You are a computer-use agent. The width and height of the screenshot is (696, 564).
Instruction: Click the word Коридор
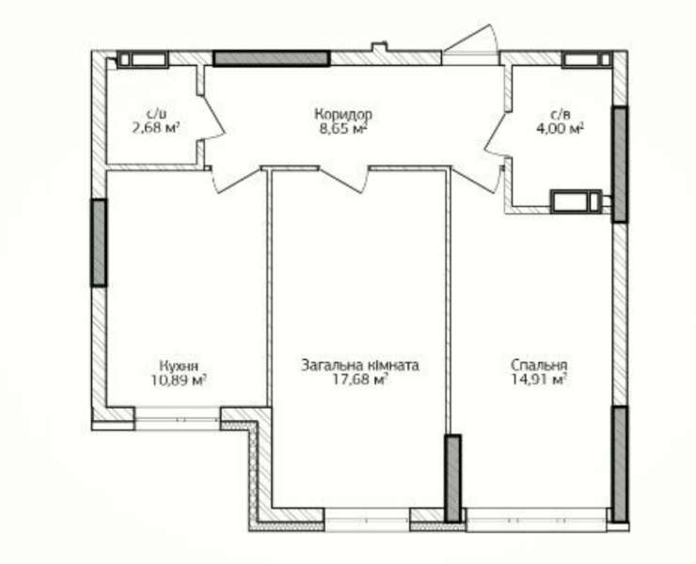pos(343,115)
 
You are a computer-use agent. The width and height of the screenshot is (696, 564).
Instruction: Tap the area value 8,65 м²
pos(343,129)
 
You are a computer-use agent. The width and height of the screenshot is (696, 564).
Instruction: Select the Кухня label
pos(179,366)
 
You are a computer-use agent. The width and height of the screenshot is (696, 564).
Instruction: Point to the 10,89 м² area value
pos(179,381)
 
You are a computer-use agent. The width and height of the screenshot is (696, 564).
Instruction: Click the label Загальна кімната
pos(359,366)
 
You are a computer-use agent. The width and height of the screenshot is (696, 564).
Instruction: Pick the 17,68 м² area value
pos(359,380)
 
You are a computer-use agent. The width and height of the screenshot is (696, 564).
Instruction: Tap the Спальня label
pos(539,366)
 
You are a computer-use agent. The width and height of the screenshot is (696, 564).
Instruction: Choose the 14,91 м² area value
pos(539,380)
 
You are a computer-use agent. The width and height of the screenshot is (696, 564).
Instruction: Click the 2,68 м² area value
pos(155,128)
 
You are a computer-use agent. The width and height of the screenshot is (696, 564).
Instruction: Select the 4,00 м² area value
pos(560,129)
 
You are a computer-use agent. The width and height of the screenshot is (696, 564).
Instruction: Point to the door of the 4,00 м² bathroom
pos(496,134)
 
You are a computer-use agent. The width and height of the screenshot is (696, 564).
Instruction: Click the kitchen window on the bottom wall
pos(177,419)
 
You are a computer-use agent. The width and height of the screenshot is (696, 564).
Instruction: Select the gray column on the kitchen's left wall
pos(99,243)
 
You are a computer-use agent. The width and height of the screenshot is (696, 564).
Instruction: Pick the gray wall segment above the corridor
pos(271,58)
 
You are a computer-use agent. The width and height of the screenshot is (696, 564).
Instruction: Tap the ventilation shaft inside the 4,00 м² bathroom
pos(577,201)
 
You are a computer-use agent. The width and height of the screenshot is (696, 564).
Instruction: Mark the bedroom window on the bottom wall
pos(536,520)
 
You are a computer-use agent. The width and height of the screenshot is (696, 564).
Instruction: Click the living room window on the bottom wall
pos(367,520)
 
